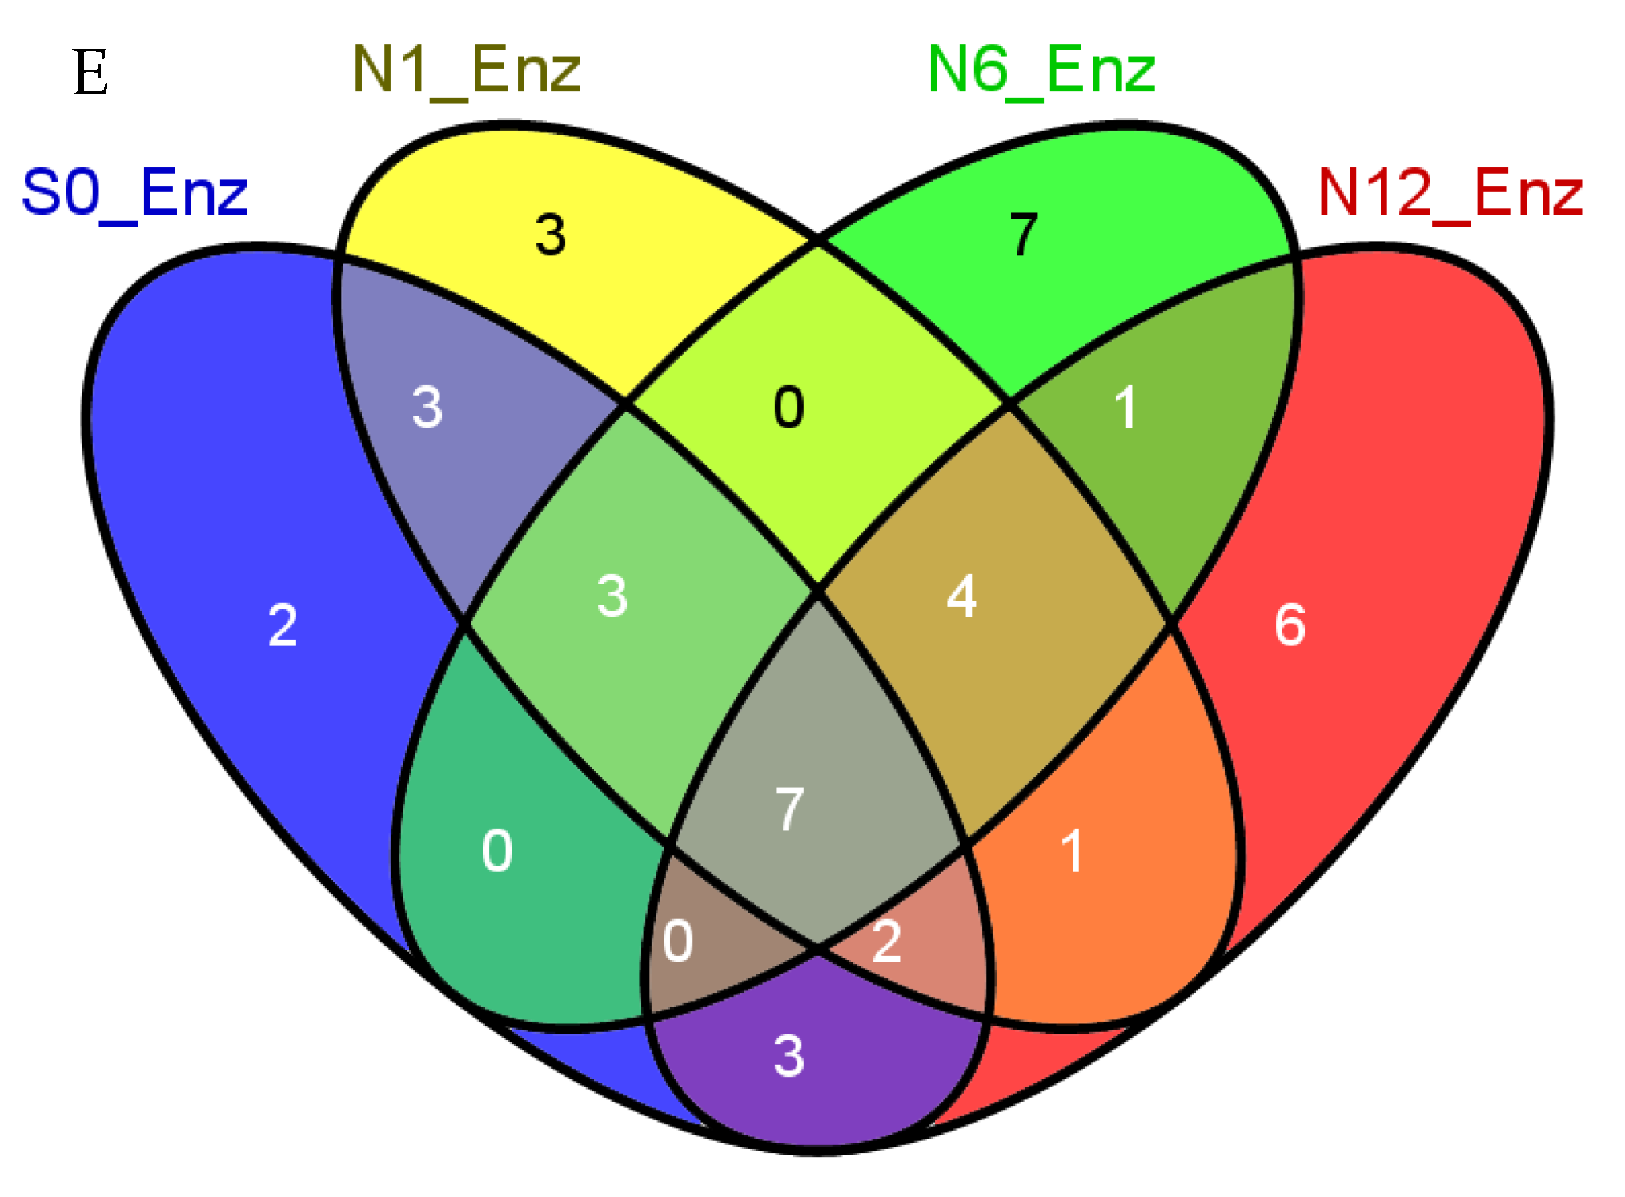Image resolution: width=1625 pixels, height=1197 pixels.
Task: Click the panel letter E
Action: [x=90, y=72]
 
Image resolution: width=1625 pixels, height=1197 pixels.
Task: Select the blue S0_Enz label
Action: [x=134, y=193]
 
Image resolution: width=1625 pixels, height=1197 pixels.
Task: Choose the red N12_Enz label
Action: [x=1450, y=193]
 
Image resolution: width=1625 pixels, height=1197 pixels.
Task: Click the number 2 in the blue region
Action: [x=283, y=625]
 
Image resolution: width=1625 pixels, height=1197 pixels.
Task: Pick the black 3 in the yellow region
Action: [x=551, y=235]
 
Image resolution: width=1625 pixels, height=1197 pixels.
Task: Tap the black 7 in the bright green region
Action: [x=1024, y=235]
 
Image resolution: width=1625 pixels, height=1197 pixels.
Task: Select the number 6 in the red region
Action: [x=1290, y=625]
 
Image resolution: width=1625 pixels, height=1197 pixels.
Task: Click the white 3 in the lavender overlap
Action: [x=427, y=407]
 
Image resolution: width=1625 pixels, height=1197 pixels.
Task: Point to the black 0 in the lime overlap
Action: [x=788, y=408]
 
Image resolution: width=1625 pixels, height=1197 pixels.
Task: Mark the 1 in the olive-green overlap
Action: [x=1125, y=408]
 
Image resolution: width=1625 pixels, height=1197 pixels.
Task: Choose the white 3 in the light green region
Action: [x=612, y=596]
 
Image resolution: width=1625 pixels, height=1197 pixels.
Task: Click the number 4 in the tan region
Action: [x=961, y=596]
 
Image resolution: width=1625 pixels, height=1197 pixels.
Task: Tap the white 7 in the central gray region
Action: [x=789, y=809]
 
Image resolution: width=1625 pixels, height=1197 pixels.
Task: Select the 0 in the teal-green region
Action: [x=497, y=850]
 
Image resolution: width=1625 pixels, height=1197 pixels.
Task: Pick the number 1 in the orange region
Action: [x=1073, y=850]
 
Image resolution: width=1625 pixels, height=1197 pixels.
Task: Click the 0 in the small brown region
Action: [x=678, y=941]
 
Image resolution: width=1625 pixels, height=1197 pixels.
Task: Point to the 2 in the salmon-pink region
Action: [x=887, y=941]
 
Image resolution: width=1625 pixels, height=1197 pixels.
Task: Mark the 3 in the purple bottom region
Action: [x=789, y=1056]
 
